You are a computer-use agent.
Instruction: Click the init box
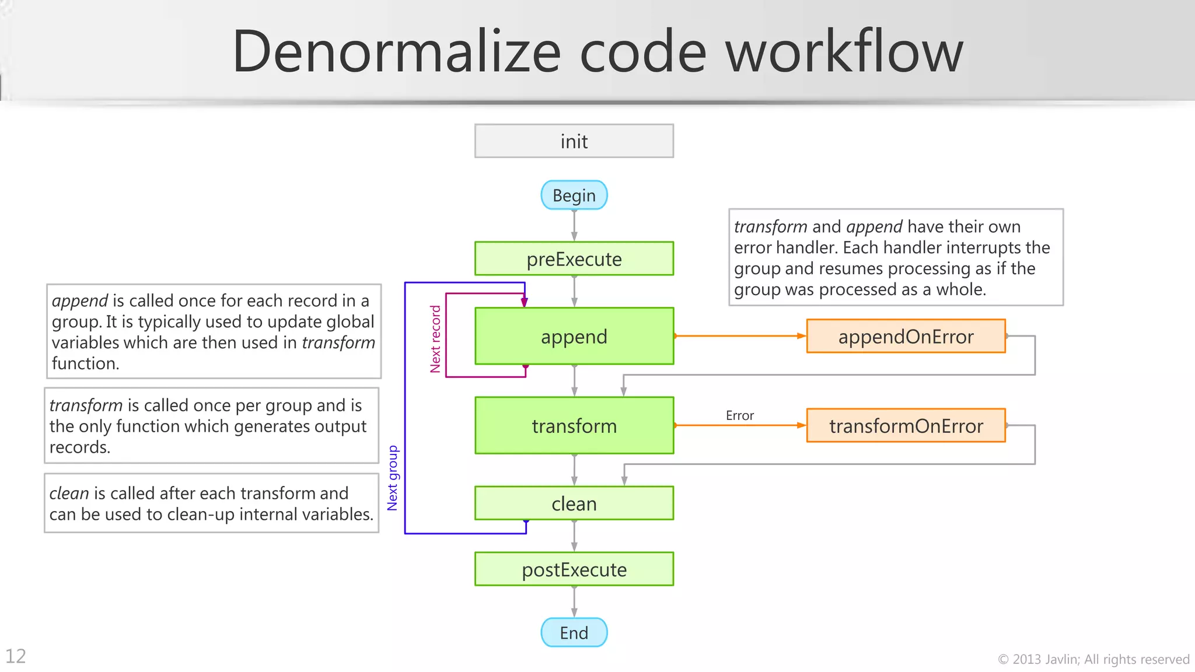pos(574,141)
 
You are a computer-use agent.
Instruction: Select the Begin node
pos(574,195)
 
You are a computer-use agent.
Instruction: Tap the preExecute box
pos(574,258)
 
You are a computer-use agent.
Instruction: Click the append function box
pos(574,336)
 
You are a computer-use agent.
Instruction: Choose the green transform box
pos(574,425)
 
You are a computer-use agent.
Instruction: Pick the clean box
pos(574,503)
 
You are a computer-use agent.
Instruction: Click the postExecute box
pos(574,569)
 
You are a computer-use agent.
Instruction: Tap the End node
pos(574,632)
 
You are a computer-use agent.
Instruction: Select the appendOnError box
pos(906,336)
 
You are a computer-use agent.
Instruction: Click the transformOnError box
pos(906,425)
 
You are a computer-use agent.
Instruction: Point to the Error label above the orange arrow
pos(739,415)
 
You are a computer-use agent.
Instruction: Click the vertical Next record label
pos(435,339)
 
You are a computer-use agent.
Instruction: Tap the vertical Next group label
pos(393,478)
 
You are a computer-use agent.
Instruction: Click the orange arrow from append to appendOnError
pos(740,336)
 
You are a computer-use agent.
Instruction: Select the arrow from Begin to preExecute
pos(574,225)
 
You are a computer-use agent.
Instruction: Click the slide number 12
pos(16,656)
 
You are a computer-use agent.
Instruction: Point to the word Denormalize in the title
pos(396,51)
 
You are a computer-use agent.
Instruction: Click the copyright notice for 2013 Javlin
pos(1093,659)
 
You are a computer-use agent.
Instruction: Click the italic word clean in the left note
pos(69,494)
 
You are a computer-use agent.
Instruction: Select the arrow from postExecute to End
pos(574,601)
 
